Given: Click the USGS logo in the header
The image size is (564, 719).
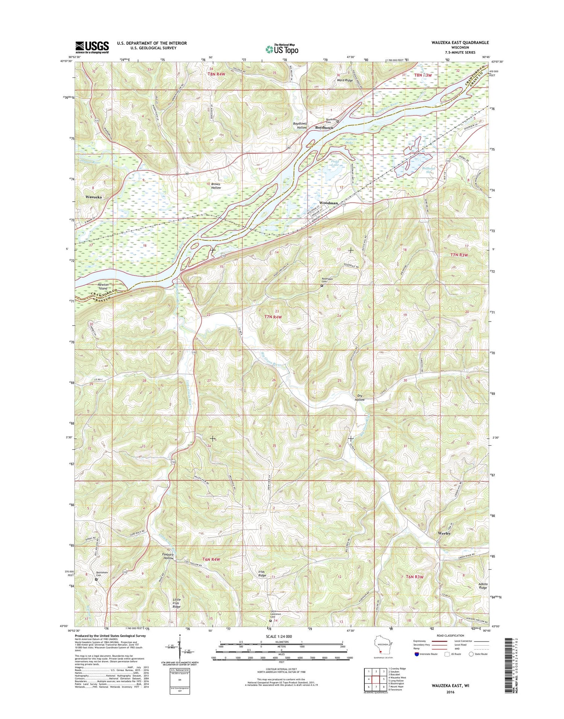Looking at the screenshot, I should coord(92,47).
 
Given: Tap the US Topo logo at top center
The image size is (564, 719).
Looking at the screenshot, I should coord(282,49).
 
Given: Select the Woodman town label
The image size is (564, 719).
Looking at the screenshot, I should coord(329,203).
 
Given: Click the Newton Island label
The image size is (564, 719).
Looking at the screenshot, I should coord(103,287).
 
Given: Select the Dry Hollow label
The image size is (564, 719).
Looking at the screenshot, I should coord(360,397).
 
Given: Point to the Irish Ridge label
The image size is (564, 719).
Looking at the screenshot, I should coord(262,574).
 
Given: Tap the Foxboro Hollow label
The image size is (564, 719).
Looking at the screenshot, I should coord(168,556).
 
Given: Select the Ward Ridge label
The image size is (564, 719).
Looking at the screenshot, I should coord(344,80).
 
